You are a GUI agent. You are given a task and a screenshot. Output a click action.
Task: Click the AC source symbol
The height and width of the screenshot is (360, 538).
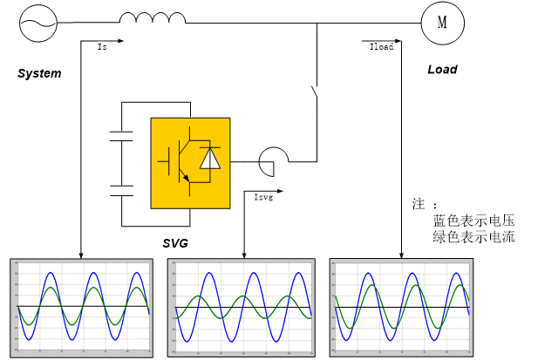point(38,24)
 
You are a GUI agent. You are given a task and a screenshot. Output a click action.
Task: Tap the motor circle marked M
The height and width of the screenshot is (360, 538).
point(442,24)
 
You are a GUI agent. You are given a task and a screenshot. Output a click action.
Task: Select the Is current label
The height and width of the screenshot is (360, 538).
point(103,47)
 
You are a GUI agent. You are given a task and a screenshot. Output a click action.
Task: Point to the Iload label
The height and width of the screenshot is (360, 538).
point(381,47)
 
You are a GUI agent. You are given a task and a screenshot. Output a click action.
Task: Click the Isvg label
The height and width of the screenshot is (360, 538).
point(263,198)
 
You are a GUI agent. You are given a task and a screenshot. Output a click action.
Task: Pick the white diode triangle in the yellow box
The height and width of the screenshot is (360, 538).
point(210,159)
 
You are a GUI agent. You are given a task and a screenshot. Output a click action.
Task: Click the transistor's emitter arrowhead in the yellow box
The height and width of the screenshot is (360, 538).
point(186,177)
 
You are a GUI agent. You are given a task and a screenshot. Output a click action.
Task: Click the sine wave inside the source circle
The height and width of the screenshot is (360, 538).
point(38,24)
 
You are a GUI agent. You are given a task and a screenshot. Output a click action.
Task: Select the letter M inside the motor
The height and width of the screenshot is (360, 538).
point(442,24)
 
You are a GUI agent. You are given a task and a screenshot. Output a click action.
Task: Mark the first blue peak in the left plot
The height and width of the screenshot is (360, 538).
point(51,273)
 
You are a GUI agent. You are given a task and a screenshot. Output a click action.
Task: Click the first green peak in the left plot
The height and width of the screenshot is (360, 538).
point(51,288)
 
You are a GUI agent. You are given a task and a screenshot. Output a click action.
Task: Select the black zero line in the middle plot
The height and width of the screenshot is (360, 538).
point(242,307)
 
